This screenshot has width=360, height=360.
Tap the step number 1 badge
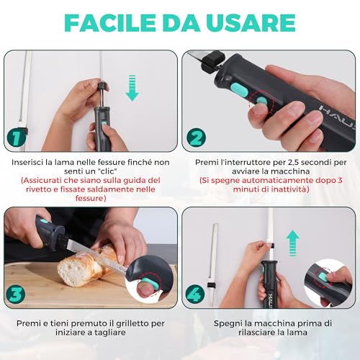tap(17, 136)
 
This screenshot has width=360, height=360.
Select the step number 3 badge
tap(17, 293)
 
